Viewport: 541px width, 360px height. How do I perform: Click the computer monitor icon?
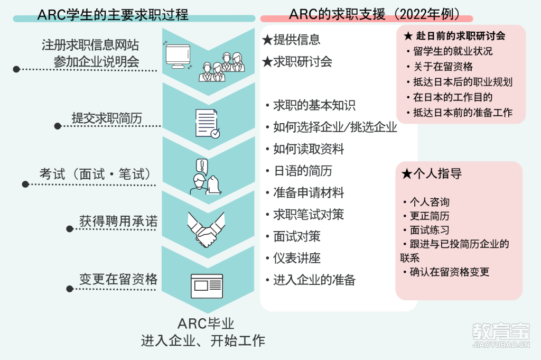[x=178, y=56]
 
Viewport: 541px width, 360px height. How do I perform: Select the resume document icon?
[x=207, y=124]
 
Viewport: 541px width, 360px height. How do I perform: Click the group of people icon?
[x=221, y=67]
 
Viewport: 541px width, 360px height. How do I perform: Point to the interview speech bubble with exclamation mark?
[x=202, y=166]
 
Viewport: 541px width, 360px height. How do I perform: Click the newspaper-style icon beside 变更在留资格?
[x=207, y=286]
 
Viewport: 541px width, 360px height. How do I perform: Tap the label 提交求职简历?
[x=107, y=118]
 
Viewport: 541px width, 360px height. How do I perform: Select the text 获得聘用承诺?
[x=118, y=221]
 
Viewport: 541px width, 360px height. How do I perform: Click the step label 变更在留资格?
[x=118, y=279]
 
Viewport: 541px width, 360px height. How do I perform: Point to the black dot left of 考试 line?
[x=25, y=184]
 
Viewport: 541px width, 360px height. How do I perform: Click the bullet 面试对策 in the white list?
[x=297, y=236]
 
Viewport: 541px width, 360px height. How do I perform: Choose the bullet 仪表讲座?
[x=297, y=258]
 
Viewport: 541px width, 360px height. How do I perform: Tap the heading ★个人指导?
[x=432, y=173]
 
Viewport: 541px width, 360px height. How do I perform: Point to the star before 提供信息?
[x=267, y=40]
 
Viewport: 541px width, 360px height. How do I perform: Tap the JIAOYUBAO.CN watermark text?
[x=501, y=344]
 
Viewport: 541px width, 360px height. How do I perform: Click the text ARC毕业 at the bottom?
[x=206, y=324]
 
